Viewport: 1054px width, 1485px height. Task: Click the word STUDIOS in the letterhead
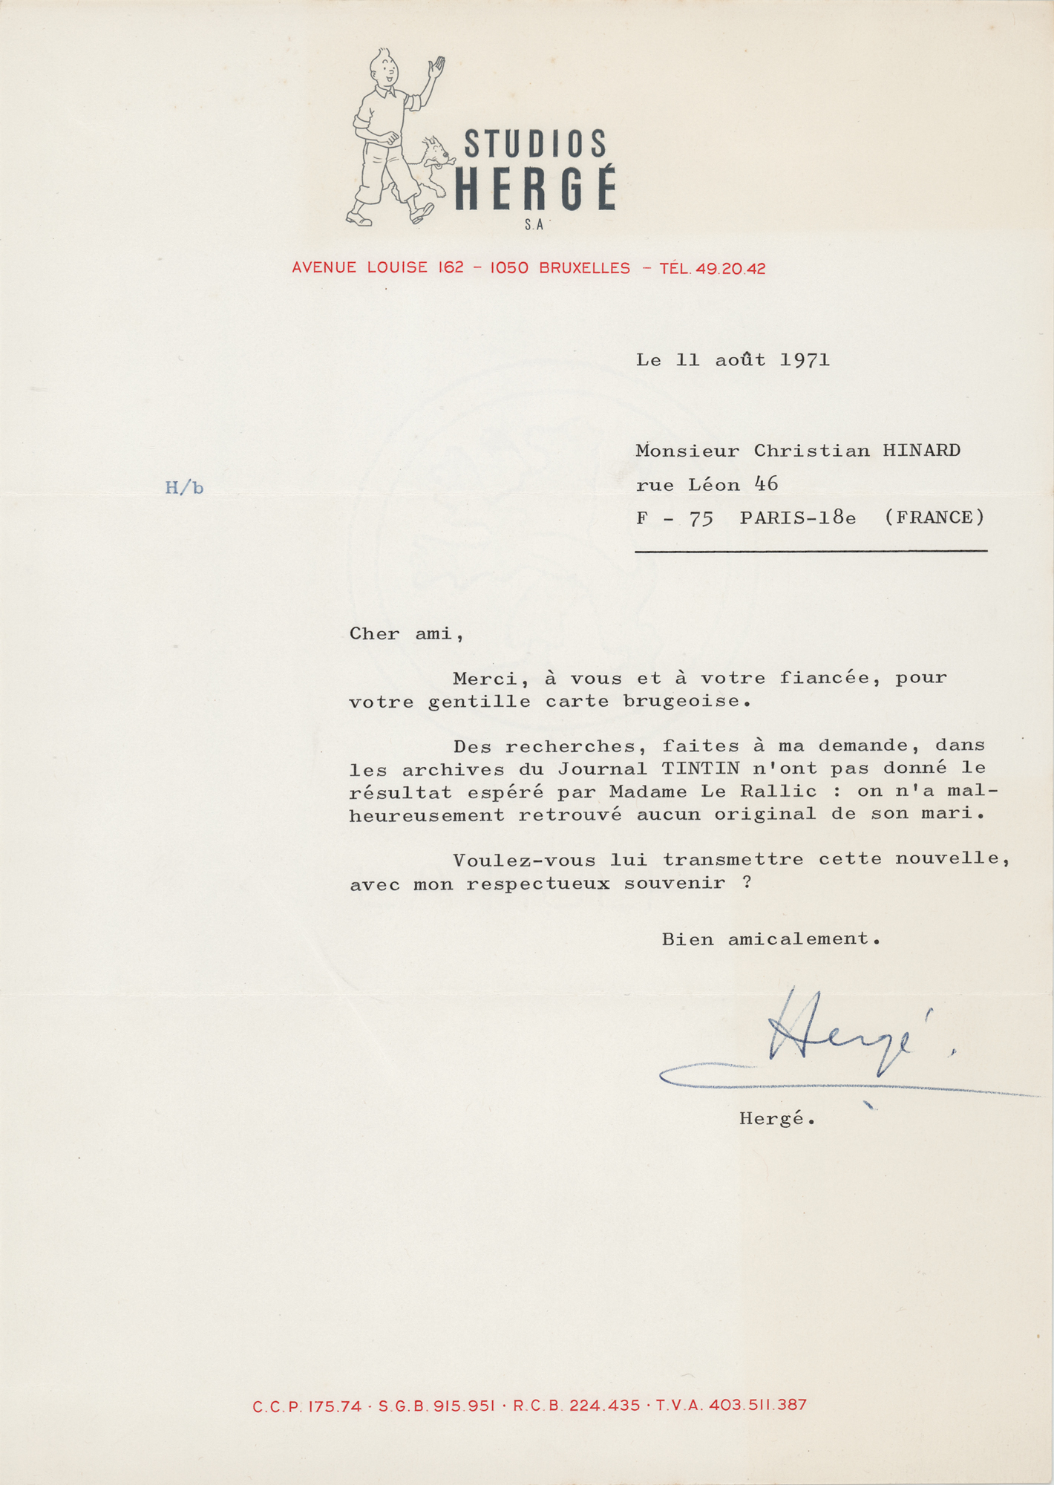tap(535, 143)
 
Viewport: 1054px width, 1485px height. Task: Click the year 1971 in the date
tap(805, 361)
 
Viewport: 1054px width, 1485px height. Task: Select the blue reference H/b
tap(184, 488)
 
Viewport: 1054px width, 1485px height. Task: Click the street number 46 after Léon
tap(766, 484)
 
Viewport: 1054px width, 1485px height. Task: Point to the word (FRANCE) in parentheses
tap(934, 518)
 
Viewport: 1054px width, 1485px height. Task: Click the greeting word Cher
tap(375, 634)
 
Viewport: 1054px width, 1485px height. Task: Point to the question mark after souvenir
tap(747, 884)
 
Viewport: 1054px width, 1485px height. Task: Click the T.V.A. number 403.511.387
tap(757, 1406)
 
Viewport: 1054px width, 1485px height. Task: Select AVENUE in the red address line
tap(324, 268)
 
